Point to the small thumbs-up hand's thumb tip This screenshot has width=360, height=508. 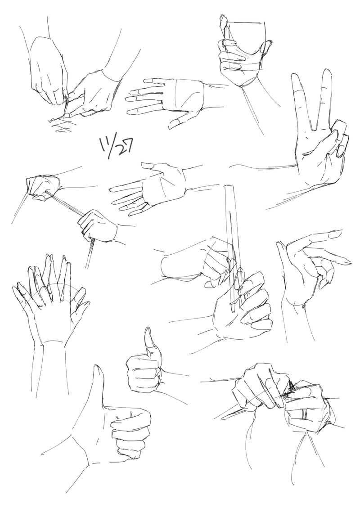coord(148,330)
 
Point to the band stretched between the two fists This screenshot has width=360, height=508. coord(64,203)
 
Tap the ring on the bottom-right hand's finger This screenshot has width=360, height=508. coord(303,414)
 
